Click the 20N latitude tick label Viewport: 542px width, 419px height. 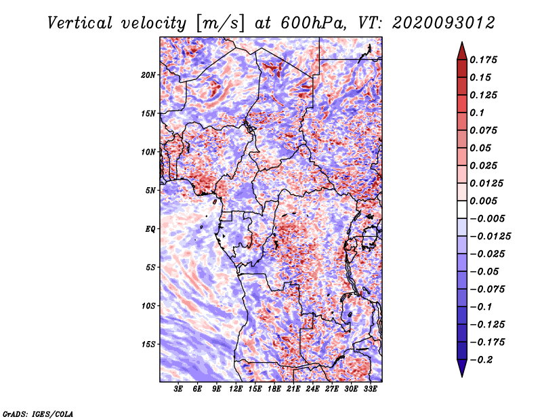(x=148, y=75)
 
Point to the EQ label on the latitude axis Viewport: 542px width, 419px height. (x=150, y=229)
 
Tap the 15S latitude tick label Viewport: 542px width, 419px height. (x=148, y=344)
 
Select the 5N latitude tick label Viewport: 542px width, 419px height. (x=150, y=191)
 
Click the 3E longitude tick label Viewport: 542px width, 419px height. (x=178, y=389)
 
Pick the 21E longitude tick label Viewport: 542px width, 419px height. (x=293, y=389)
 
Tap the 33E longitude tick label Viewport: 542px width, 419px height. (x=370, y=389)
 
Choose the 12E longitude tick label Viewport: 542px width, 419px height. (x=236, y=389)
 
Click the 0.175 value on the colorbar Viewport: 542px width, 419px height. (x=483, y=60)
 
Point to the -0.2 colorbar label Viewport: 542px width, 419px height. (x=481, y=360)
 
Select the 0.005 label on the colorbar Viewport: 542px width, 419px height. (x=483, y=201)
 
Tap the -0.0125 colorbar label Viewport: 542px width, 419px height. (x=490, y=237)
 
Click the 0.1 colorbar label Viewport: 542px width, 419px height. (x=477, y=113)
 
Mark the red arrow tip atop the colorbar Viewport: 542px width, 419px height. (x=462, y=43)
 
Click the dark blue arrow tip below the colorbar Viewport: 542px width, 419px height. (x=462, y=376)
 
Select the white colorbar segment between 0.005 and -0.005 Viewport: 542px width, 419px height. (x=462, y=209)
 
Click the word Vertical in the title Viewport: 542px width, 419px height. (x=80, y=23)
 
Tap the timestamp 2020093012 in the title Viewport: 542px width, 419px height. (x=444, y=23)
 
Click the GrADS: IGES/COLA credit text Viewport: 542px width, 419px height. (x=38, y=414)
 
